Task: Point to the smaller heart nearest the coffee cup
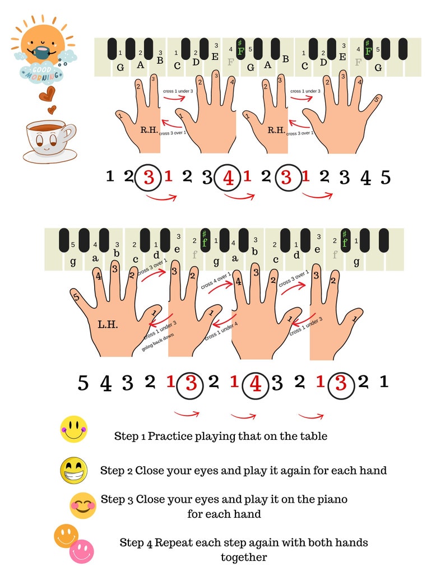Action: (x=52, y=109)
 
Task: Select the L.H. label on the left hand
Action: (x=108, y=325)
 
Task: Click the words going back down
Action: (x=159, y=343)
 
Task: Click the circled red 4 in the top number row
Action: (x=228, y=178)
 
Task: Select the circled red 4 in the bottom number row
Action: (x=256, y=384)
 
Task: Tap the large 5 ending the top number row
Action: (x=385, y=178)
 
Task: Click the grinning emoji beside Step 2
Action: (x=73, y=470)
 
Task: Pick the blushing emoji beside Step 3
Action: (x=83, y=505)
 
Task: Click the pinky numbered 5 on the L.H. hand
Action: (x=76, y=297)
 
